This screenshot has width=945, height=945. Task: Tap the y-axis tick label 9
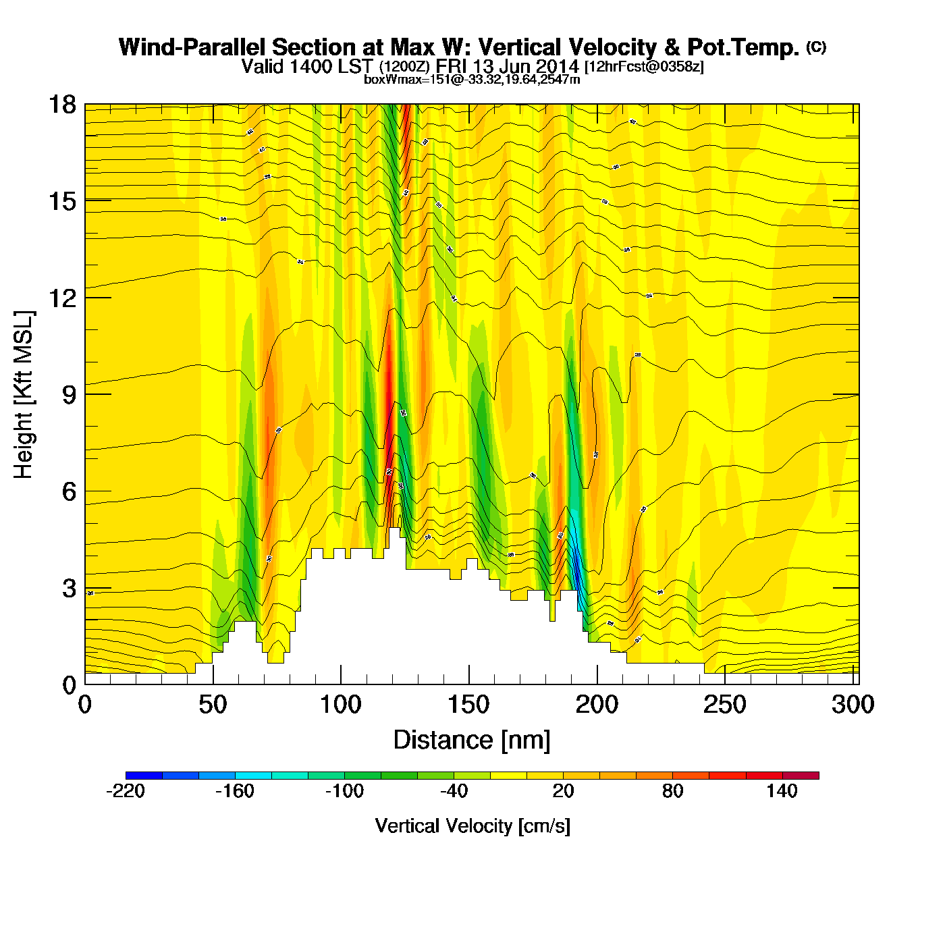click(69, 395)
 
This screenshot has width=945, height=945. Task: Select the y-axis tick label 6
click(69, 491)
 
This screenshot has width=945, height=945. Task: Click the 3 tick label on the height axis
click(69, 589)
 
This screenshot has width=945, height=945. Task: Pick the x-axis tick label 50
click(213, 705)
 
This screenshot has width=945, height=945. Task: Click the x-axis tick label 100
click(340, 705)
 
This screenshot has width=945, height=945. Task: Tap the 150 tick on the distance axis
click(468, 705)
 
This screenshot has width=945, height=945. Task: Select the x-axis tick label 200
click(597, 705)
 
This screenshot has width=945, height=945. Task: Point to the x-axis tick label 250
click(725, 705)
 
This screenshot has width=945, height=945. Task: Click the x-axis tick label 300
click(853, 705)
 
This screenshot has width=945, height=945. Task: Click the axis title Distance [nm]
click(472, 740)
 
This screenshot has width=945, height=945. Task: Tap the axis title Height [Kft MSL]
click(24, 395)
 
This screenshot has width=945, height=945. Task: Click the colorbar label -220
click(126, 791)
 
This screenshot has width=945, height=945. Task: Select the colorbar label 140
click(782, 791)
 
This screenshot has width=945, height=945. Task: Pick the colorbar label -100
click(344, 791)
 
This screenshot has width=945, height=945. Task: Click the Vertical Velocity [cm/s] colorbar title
click(473, 826)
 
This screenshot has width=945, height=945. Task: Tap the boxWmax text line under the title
click(472, 79)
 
